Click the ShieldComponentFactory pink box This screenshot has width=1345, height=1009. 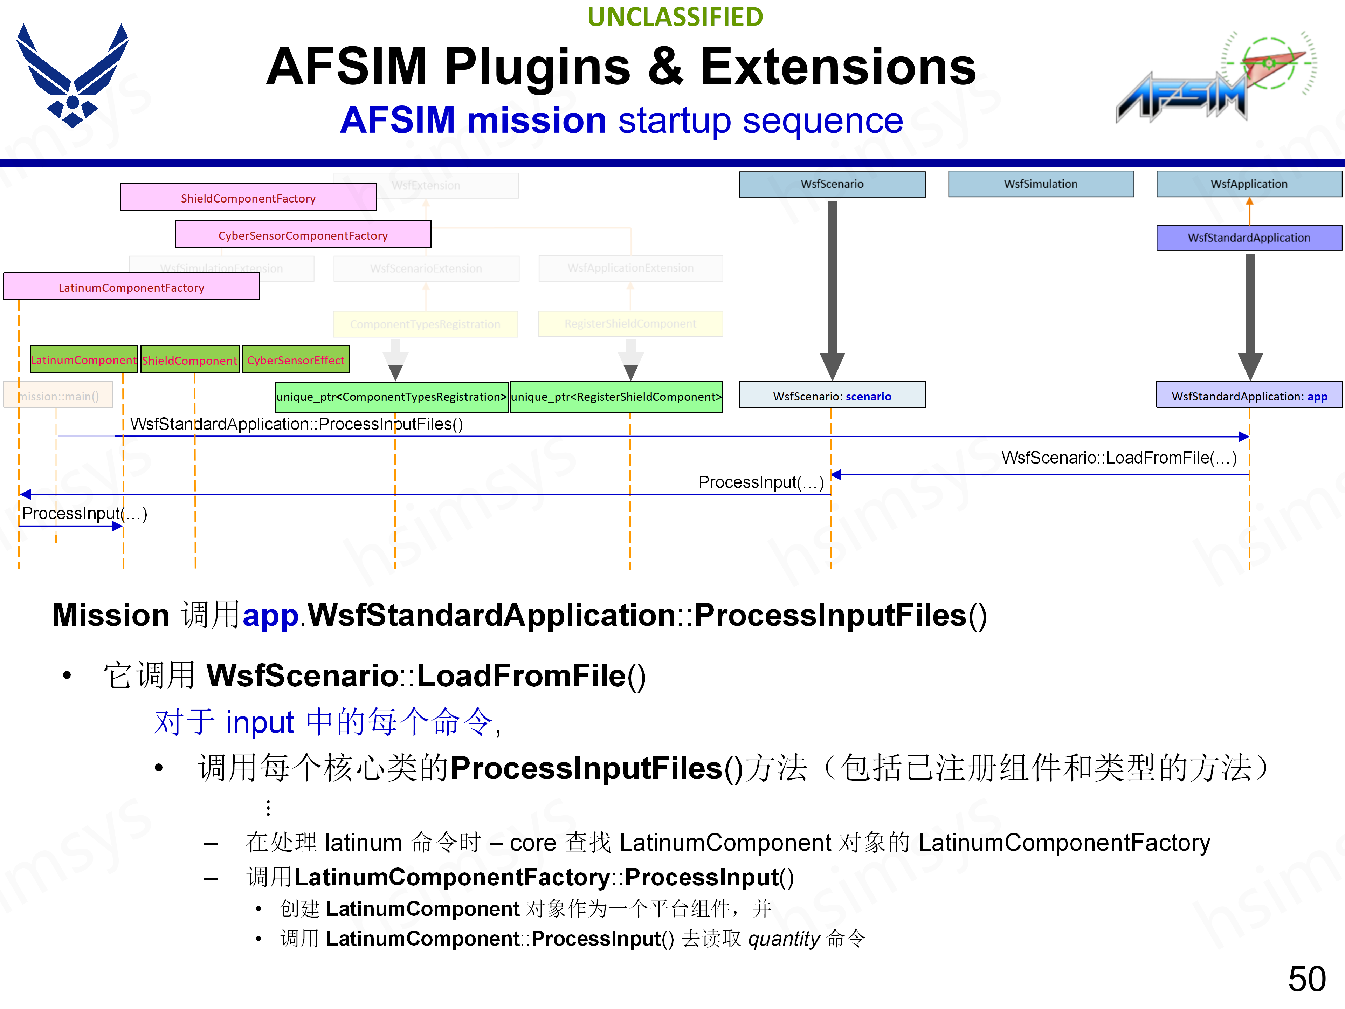(248, 198)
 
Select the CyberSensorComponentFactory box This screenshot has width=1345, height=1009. (303, 235)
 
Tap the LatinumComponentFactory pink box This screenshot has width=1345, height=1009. (131, 287)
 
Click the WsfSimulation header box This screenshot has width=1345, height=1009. (1040, 184)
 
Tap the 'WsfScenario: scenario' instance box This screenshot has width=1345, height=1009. (832, 395)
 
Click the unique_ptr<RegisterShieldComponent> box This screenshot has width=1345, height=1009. (616, 397)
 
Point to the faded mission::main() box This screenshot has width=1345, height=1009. (58, 395)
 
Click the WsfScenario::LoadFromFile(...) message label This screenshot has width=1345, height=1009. (1119, 457)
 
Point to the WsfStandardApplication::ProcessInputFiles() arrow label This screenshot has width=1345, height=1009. (297, 424)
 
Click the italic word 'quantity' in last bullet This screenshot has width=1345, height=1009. (784, 939)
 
